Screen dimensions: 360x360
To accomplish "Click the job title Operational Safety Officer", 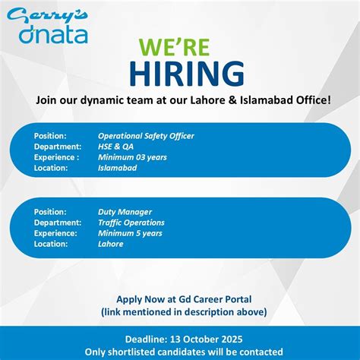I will coord(146,136).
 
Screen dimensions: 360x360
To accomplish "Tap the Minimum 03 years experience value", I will coord(132,157).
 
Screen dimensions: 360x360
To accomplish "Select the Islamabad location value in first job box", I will coord(118,168).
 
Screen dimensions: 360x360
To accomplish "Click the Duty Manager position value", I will coord(125,212).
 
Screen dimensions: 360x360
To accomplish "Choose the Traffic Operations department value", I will coord(131,223).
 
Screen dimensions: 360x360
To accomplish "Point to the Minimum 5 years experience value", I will coord(130,233).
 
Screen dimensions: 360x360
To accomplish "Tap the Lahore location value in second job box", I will coord(110,244).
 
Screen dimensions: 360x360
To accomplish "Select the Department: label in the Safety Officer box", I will coord(58,147).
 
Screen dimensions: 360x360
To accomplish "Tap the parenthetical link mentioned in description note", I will coord(184,311).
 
